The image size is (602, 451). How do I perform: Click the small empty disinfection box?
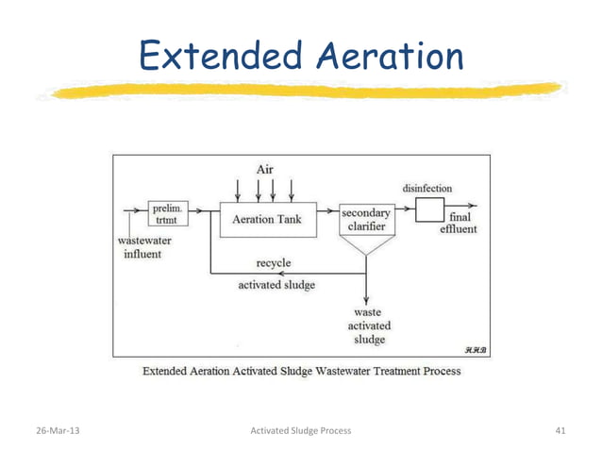(x=431, y=208)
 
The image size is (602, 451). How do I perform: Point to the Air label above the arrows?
(x=266, y=170)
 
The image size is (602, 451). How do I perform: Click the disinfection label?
(x=427, y=188)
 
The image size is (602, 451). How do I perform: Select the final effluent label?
(x=458, y=222)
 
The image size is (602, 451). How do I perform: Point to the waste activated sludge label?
(x=367, y=324)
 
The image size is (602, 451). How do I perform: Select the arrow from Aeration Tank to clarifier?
(x=327, y=211)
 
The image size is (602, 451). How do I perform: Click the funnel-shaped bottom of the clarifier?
(x=365, y=246)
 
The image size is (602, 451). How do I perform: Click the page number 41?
(x=560, y=430)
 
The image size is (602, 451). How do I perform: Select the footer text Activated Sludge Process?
(x=300, y=430)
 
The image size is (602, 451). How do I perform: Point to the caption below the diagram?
(x=301, y=371)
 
